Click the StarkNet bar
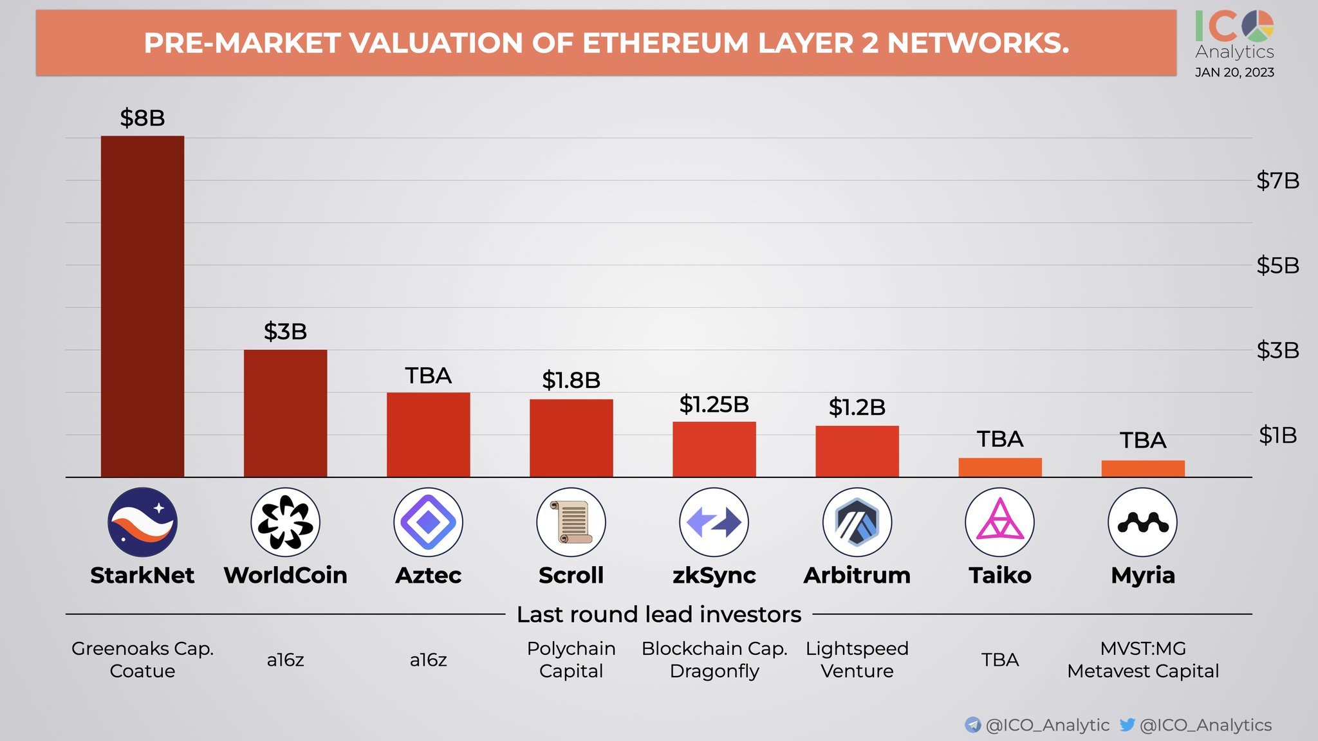(142, 306)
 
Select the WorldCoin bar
(285, 413)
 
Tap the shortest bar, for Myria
(1142, 469)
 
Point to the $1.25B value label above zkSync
(714, 405)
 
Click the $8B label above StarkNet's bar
(142, 118)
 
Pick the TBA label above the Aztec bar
(428, 376)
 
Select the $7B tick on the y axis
(1277, 181)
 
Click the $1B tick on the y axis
(1277, 435)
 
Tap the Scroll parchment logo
(571, 522)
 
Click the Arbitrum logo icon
(857, 522)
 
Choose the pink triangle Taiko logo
(999, 522)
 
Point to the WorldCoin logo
(285, 522)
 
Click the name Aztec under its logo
(428, 575)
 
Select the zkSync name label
(714, 575)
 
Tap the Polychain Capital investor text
(571, 659)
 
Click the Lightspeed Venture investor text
(857, 659)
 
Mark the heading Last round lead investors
(659, 614)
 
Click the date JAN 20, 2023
(1234, 73)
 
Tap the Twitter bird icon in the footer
(1127, 725)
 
